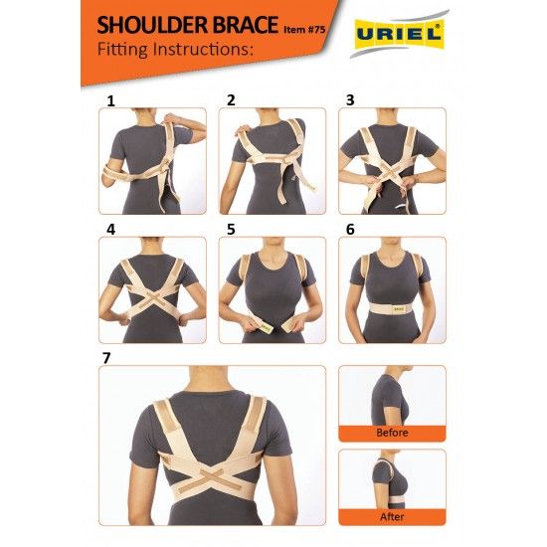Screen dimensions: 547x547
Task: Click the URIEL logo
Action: tap(400, 34)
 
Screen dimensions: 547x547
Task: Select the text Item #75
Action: tap(304, 30)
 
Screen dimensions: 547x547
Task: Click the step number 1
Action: tap(111, 101)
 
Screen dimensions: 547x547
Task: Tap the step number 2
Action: tap(231, 100)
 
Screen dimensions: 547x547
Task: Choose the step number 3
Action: tap(350, 99)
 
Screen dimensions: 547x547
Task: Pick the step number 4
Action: tap(111, 230)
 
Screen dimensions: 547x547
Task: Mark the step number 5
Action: tap(231, 230)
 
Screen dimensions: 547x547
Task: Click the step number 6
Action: tap(350, 229)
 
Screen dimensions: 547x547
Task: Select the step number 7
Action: tap(106, 358)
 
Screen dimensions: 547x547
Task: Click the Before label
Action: tap(392, 433)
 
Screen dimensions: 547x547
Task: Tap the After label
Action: tap(392, 516)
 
